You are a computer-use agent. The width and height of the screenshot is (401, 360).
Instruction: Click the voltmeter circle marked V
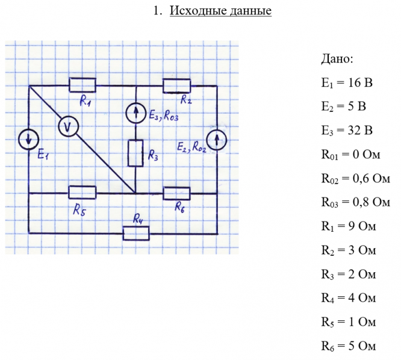point(68,126)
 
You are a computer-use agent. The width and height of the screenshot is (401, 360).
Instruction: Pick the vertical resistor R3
point(135,153)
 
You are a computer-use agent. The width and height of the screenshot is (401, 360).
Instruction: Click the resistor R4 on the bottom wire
point(136,232)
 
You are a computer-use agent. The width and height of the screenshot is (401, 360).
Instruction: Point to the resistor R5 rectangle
point(82,193)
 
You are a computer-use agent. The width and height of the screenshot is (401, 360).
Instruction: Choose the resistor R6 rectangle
point(176,193)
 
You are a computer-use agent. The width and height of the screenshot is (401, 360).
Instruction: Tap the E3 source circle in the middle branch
point(135,113)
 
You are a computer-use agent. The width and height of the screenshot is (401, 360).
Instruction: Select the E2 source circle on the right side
point(217,140)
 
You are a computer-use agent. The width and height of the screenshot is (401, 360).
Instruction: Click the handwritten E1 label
point(43,155)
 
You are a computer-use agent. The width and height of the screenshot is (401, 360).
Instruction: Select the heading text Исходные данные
point(220,11)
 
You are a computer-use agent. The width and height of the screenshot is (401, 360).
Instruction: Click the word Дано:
point(337,59)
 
